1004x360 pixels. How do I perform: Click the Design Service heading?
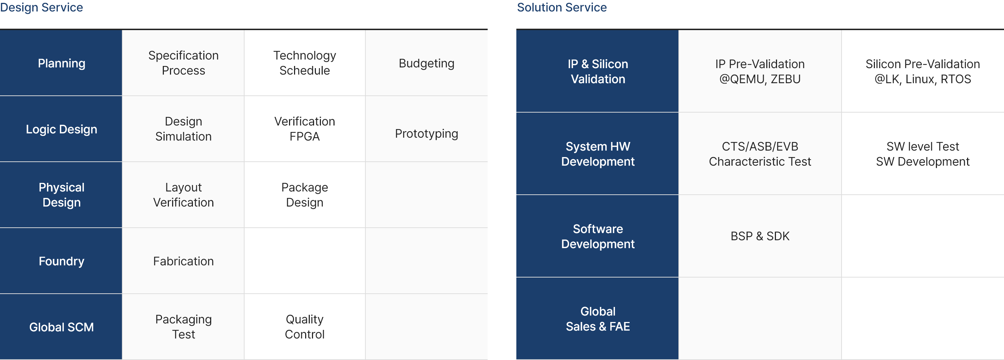(x=41, y=8)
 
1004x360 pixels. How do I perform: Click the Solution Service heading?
(x=562, y=8)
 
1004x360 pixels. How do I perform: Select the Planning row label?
(x=62, y=63)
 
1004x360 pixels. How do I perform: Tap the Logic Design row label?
(x=62, y=129)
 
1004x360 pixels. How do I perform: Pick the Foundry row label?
(x=62, y=261)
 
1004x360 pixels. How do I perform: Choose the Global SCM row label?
(x=62, y=327)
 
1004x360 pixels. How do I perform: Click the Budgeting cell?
(x=426, y=63)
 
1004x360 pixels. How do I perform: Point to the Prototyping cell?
(x=426, y=134)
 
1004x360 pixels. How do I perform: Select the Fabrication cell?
(x=183, y=261)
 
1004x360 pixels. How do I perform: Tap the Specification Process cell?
(x=183, y=63)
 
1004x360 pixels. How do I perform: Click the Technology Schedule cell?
(x=304, y=63)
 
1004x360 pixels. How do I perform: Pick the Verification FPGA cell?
(x=304, y=129)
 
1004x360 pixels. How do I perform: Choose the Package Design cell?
(x=304, y=195)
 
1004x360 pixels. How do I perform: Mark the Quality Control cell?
(x=304, y=327)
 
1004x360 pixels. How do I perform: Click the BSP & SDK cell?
(x=759, y=236)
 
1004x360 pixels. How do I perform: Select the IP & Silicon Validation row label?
(x=597, y=71)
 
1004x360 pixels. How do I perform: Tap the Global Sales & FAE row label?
(x=597, y=319)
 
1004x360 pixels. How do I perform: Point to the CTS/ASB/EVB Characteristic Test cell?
(x=759, y=154)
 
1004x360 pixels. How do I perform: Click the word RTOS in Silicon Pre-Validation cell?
(x=956, y=79)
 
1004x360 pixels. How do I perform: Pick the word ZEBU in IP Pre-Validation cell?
(x=785, y=79)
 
